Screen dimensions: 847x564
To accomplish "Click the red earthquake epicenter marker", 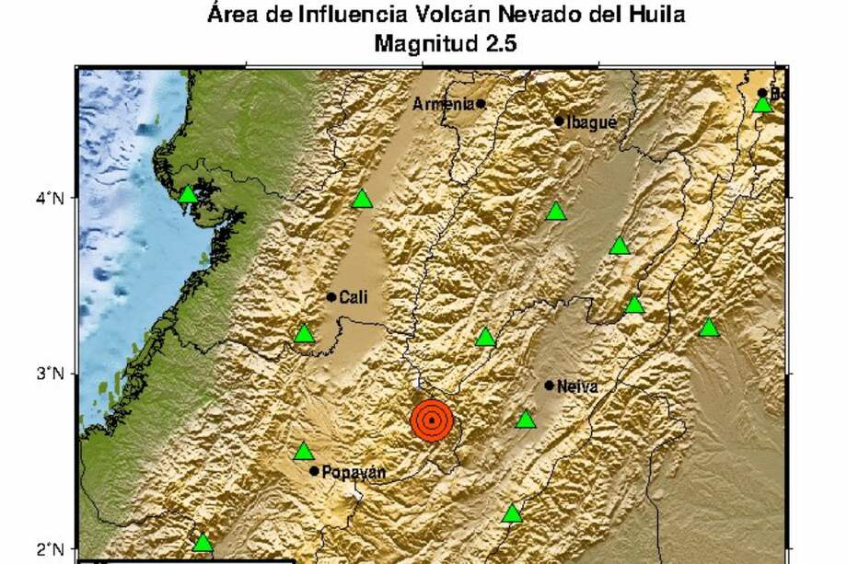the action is pyautogui.click(x=432, y=420).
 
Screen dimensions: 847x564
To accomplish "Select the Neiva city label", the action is pyautogui.click(x=577, y=386).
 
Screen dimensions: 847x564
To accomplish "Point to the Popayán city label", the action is pyautogui.click(x=354, y=473).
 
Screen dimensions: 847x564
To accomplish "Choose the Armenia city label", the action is pyautogui.click(x=443, y=104).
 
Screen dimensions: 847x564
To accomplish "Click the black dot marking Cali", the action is pyautogui.click(x=331, y=296).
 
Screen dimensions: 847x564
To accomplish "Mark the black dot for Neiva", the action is pyautogui.click(x=550, y=386).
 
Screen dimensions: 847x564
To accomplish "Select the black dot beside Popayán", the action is pyautogui.click(x=314, y=471).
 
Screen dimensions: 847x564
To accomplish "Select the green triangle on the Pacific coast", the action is pyautogui.click(x=189, y=194).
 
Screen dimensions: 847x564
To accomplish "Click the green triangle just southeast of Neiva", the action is pyautogui.click(x=526, y=420).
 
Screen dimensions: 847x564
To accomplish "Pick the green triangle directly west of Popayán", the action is pyautogui.click(x=304, y=452).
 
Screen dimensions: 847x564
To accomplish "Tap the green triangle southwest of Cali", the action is pyautogui.click(x=304, y=334).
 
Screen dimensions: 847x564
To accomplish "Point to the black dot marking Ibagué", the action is pyautogui.click(x=559, y=121).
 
